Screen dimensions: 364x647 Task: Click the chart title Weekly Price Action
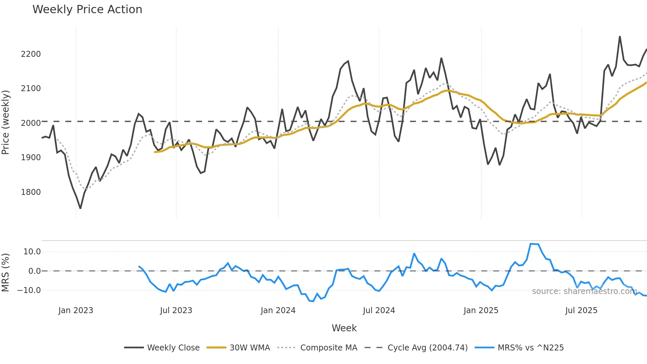point(87,10)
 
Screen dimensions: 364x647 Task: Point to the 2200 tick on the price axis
point(31,54)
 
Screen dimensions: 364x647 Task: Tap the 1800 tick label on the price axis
point(31,192)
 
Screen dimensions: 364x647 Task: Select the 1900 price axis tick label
point(31,158)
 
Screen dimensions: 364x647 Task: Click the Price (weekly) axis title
point(6,122)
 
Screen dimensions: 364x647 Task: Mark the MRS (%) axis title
point(6,272)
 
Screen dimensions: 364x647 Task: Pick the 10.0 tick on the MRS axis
point(32,252)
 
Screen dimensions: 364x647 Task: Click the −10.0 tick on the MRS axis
point(29,290)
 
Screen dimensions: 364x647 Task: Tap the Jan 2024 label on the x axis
point(278,310)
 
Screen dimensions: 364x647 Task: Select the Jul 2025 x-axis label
point(581,310)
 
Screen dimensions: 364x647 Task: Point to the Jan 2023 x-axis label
point(76,310)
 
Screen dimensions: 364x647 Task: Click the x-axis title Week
point(344,328)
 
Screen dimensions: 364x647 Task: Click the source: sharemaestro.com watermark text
point(584,291)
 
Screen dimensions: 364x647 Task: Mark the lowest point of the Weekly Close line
point(80,208)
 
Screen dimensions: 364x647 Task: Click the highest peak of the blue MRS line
point(531,244)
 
